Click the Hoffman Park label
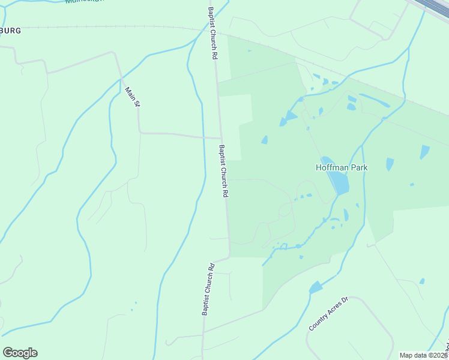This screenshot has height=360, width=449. (x=342, y=167)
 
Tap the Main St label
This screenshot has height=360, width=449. (x=132, y=97)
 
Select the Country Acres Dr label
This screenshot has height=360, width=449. (x=328, y=314)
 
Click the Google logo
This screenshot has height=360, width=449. (x=20, y=353)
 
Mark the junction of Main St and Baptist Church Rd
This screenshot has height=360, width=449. (x=220, y=138)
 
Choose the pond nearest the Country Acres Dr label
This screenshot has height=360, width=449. (x=315, y=287)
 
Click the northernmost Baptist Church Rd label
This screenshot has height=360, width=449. (x=212, y=32)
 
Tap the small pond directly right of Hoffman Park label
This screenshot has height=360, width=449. (x=390, y=164)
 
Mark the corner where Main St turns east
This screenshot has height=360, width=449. (x=139, y=132)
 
